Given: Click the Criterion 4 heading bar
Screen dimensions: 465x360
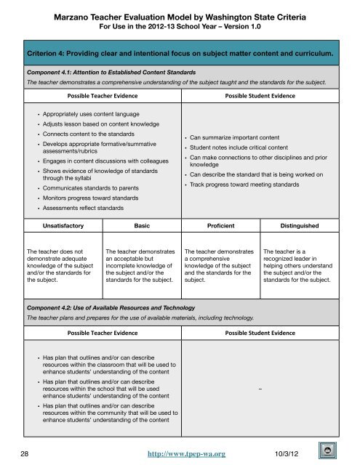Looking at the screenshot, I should point(180,53).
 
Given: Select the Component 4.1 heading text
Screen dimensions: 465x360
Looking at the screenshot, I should point(104,73).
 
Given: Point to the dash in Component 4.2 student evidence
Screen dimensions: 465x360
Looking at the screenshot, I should point(260,390).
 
